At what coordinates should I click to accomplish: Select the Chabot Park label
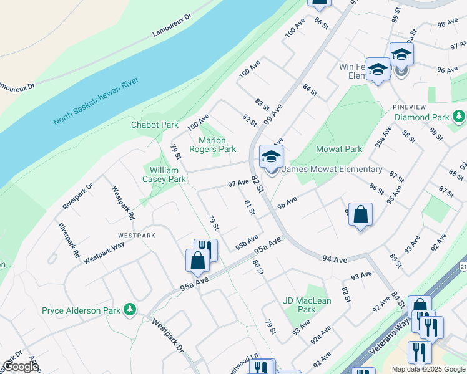click(x=155, y=125)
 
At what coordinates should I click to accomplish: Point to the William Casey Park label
click(x=164, y=175)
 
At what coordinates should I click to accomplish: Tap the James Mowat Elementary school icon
click(x=271, y=158)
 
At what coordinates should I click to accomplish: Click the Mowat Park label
click(x=339, y=150)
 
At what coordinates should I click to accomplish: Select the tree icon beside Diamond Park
click(x=459, y=117)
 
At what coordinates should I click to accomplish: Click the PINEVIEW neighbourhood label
click(x=410, y=107)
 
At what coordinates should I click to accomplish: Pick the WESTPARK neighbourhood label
click(x=136, y=236)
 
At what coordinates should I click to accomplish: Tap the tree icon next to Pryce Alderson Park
click(x=130, y=310)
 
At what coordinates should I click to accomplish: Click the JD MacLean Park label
click(x=307, y=305)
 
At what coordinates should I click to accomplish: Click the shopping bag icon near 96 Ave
click(x=360, y=215)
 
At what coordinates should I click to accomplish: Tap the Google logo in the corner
click(x=21, y=367)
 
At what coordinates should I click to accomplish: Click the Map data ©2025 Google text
click(x=427, y=369)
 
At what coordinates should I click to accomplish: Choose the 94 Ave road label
click(x=335, y=259)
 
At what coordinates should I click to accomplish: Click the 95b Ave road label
click(x=247, y=242)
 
